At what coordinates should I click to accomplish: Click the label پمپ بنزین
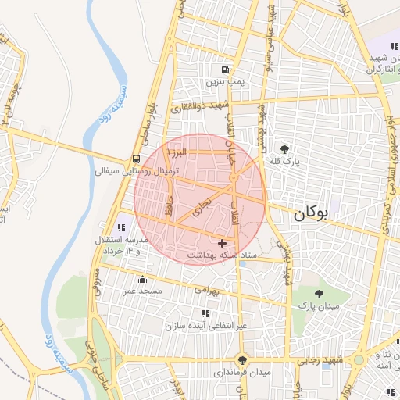[225, 81]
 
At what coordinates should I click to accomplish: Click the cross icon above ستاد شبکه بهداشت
[223, 244]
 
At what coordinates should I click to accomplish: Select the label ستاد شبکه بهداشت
[221, 256]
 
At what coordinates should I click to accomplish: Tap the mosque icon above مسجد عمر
[142, 279]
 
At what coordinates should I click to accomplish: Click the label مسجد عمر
[141, 291]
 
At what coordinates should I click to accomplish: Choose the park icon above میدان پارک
[319, 294]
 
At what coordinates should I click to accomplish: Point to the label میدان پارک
[317, 306]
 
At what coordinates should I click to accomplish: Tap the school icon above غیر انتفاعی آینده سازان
[205, 313]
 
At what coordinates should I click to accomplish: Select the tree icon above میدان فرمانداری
[244, 360]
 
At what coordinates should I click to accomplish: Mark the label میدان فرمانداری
[243, 373]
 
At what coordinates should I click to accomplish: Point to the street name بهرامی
[209, 290]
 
